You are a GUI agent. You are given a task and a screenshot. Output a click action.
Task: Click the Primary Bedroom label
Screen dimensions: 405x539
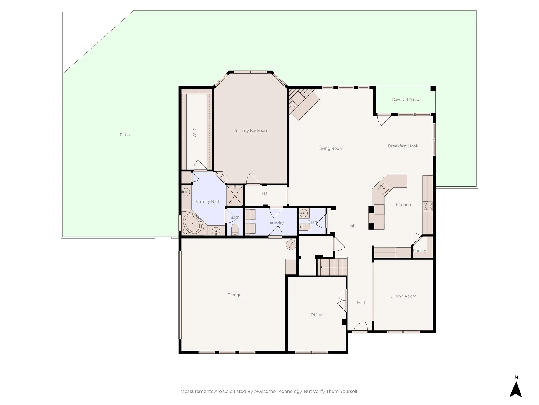251,131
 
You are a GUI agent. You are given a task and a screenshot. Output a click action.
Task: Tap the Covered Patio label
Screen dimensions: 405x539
405,100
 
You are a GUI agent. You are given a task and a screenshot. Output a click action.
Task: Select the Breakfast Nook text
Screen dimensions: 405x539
403,146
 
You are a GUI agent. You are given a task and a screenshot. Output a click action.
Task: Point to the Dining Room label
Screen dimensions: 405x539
403,296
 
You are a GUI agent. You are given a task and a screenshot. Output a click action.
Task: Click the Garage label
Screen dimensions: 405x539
234,295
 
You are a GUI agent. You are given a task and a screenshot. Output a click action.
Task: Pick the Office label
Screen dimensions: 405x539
316,315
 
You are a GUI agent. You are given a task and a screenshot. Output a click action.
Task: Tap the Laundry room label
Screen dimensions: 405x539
275,223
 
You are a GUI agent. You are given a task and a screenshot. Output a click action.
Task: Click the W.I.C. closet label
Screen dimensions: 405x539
195,132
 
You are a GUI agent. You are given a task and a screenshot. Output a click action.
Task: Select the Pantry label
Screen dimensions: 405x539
419,251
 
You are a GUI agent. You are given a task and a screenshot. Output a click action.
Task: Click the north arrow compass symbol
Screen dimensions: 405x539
516,389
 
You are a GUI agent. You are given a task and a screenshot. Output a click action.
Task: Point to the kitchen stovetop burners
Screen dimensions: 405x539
428,206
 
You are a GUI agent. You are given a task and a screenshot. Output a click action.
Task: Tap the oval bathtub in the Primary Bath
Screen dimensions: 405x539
192,224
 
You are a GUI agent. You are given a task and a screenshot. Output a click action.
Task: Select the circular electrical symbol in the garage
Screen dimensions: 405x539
291,245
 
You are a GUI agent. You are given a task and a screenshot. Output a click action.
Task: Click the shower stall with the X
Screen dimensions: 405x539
235,196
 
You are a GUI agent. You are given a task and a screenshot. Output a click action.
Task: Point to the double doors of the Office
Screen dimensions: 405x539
342,301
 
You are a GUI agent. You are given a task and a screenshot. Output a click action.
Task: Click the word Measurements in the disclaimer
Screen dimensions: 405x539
197,391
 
